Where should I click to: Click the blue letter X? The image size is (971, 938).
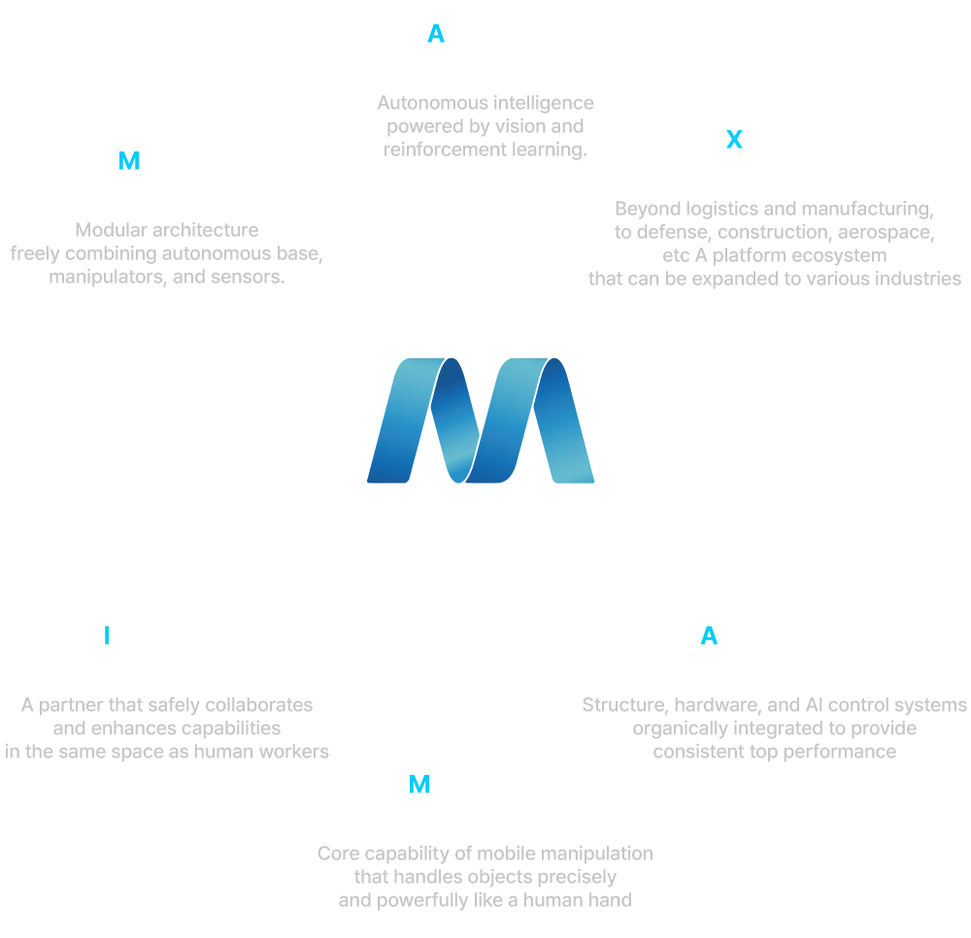[734, 140]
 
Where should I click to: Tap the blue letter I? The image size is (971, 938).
[106, 636]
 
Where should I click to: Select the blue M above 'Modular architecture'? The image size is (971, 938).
[128, 162]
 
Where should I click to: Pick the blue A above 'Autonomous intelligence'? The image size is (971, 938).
[436, 35]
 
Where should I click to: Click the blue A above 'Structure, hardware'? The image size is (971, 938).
[709, 636]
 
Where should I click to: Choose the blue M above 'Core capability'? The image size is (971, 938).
[419, 785]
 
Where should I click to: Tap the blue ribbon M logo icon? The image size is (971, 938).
[481, 419]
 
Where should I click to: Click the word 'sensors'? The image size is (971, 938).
[251, 278]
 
